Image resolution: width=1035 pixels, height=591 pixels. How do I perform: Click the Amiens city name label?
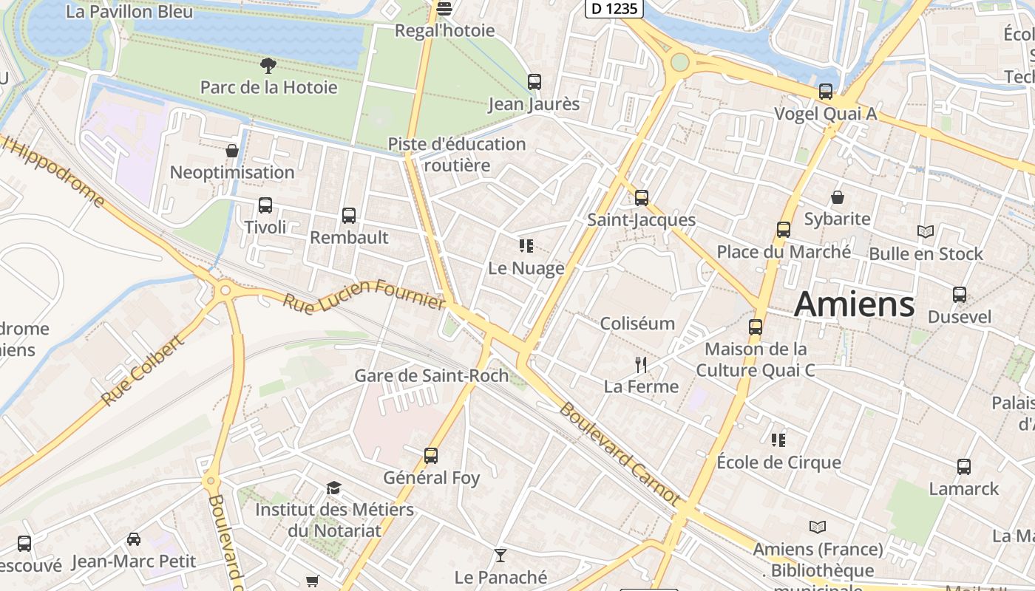[854, 304]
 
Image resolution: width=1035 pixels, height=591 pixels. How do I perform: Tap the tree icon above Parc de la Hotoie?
[268, 66]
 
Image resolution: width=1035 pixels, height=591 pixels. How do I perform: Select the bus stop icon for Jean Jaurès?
[534, 82]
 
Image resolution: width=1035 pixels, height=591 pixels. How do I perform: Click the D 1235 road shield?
[614, 8]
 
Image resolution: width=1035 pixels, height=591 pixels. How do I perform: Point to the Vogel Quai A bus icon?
[825, 92]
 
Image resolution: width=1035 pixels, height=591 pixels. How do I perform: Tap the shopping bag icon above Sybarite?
[838, 197]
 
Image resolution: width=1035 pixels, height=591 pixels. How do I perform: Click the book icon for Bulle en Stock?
[925, 232]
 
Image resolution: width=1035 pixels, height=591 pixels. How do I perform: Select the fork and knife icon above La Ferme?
[641, 364]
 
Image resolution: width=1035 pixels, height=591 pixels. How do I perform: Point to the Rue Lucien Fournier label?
[364, 293]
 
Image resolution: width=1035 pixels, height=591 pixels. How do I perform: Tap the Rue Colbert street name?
[142, 371]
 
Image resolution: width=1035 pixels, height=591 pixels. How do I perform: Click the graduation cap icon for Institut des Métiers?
[334, 488]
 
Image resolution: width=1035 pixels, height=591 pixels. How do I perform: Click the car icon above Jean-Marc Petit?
[134, 539]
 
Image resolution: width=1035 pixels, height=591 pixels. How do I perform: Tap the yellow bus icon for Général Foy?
[431, 456]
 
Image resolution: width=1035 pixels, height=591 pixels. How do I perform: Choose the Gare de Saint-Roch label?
[432, 375]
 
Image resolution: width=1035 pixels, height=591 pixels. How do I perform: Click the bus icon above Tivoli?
[265, 205]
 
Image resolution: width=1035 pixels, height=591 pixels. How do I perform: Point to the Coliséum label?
[637, 324]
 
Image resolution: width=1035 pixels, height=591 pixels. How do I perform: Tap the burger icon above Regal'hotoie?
[444, 9]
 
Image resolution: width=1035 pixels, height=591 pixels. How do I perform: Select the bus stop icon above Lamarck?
[963, 467]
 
